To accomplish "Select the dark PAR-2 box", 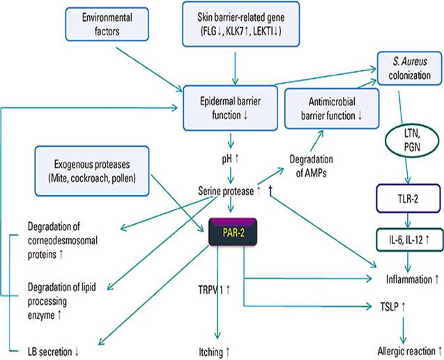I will coord(234,232).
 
